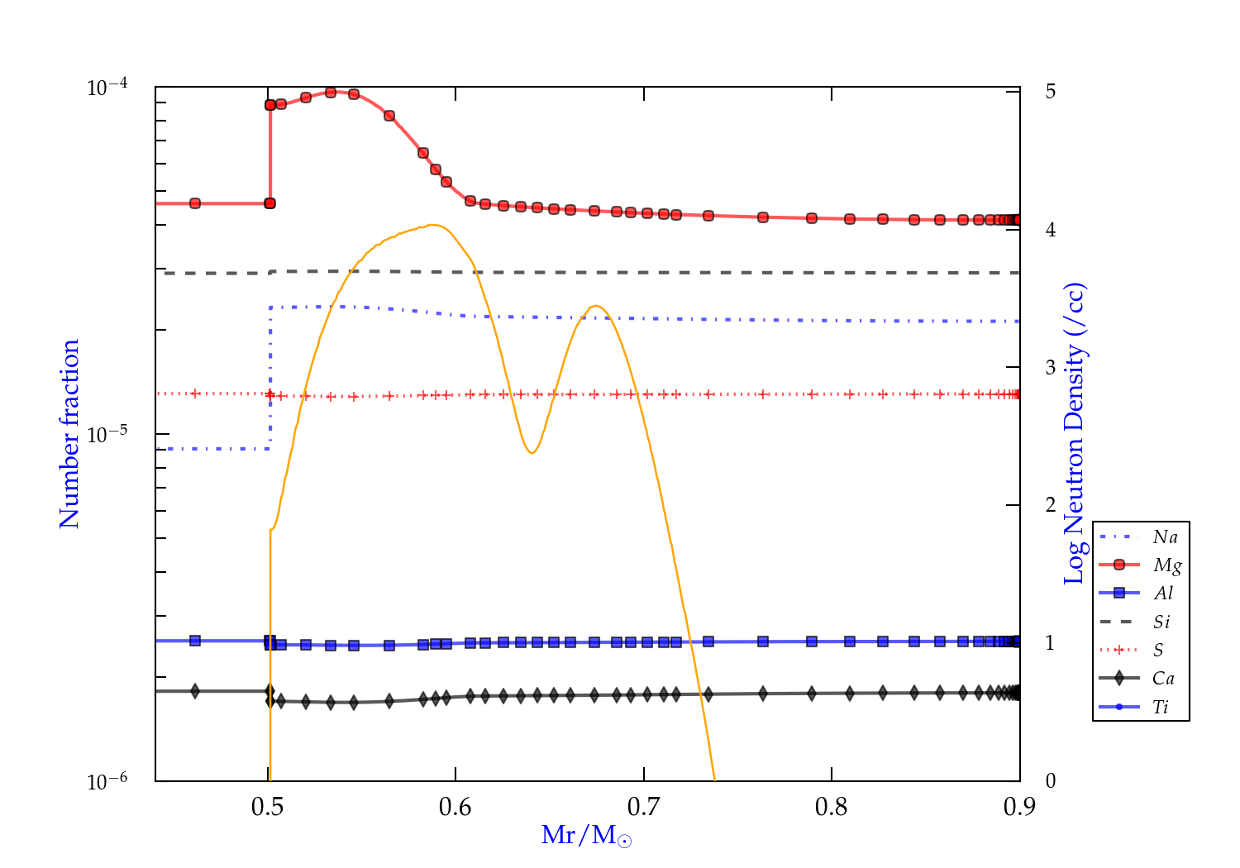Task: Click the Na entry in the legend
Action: (x=1165, y=537)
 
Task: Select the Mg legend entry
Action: (x=1166, y=565)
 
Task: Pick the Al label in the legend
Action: (x=1164, y=594)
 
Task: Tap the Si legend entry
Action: (x=1161, y=622)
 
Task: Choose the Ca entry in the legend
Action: (x=1163, y=679)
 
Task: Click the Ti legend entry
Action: (x=1161, y=707)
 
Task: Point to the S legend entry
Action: (x=1158, y=651)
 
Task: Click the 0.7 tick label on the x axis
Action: (x=644, y=807)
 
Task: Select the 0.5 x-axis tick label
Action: (x=268, y=807)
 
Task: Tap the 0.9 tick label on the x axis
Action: (x=1019, y=807)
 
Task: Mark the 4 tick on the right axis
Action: (x=1051, y=230)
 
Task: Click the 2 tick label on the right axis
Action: (x=1051, y=505)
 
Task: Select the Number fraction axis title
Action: (x=69, y=434)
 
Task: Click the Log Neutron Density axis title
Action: (x=1075, y=434)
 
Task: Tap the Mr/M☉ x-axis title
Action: (x=586, y=836)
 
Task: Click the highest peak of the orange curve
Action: (x=432, y=225)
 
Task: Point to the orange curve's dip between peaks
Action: (x=532, y=452)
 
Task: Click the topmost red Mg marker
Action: (x=331, y=93)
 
